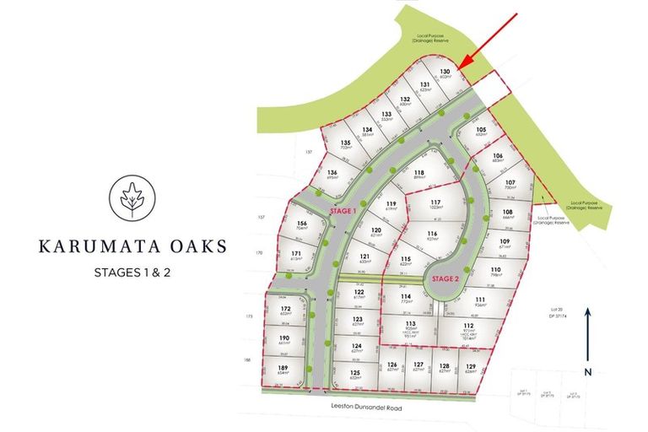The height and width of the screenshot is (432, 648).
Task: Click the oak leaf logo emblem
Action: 131,197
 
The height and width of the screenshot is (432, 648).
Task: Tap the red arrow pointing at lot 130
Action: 489,42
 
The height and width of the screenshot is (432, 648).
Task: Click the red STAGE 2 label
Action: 445,278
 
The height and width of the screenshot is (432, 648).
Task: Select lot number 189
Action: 284,368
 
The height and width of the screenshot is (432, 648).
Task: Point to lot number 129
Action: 472,364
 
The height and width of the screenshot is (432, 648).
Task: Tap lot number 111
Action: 479,300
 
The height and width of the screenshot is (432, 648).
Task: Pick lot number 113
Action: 411,323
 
